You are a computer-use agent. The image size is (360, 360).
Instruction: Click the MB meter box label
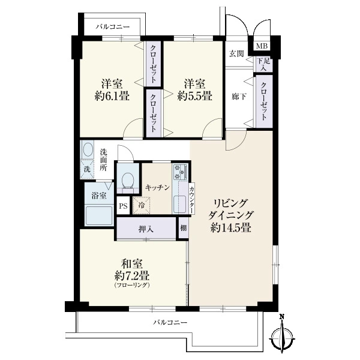[262, 46]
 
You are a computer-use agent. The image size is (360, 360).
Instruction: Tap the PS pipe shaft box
[123, 206]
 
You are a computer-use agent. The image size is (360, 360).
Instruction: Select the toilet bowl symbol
[128, 181]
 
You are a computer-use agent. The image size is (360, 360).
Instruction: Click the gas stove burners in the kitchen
[180, 172]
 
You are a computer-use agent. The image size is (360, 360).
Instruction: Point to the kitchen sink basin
[179, 204]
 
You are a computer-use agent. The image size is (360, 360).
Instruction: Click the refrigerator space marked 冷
[142, 206]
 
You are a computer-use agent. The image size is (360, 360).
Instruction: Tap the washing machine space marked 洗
[87, 169]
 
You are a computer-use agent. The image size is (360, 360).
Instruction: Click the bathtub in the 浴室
[99, 216]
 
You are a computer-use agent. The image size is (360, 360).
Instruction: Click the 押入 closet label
[146, 229]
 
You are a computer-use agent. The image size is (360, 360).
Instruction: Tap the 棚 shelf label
[184, 228]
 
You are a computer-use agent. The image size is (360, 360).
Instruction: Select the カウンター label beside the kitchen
[192, 199]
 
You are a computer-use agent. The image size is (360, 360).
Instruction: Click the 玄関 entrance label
[236, 54]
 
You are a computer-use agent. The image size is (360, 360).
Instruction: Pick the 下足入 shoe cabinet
[264, 64]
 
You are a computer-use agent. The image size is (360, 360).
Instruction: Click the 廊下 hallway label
[239, 97]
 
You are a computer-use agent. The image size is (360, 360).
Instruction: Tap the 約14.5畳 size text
[230, 227]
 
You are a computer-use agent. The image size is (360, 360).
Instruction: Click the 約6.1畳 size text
[112, 95]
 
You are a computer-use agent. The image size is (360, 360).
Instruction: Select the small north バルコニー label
[113, 27]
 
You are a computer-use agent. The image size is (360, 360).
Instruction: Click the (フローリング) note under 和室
[132, 286]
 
